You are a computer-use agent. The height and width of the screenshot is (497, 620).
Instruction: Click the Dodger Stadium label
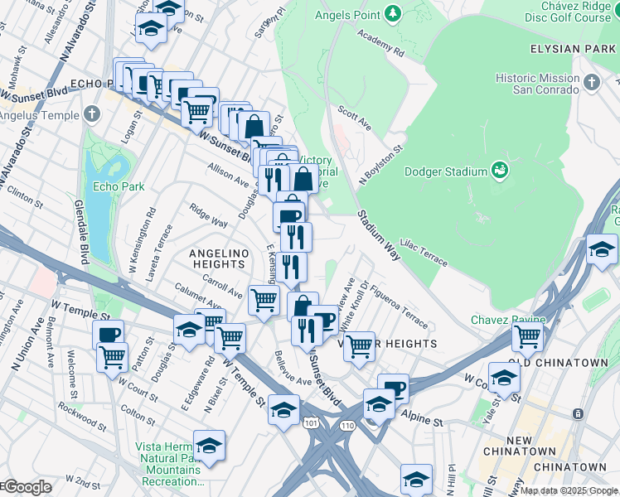pyautogui.click(x=445, y=172)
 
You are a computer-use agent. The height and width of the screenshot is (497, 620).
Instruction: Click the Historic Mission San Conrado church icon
pyautogui.click(x=591, y=82)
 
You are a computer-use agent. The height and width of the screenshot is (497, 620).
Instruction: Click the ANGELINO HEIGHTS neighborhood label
pyautogui.click(x=217, y=258)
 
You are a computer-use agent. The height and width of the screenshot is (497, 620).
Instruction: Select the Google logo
pyautogui.click(x=27, y=487)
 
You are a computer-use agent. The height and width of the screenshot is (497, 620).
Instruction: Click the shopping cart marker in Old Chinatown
pyautogui.click(x=526, y=336)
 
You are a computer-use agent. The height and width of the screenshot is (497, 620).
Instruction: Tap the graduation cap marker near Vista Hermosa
pyautogui.click(x=209, y=445)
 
